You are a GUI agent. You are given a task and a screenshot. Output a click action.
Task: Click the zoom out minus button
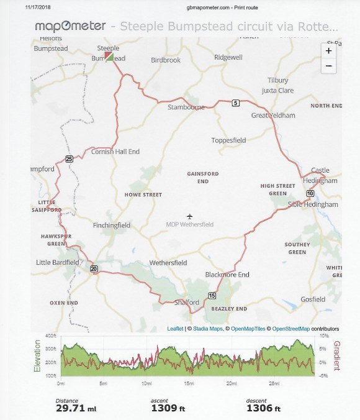[x=330, y=65]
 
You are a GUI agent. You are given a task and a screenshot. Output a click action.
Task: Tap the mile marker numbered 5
[x=236, y=103]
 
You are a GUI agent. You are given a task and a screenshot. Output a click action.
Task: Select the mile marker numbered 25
[x=69, y=158]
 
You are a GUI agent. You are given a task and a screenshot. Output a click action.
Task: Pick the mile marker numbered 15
[x=212, y=295]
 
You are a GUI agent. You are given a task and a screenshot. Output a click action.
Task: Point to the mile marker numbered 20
[x=94, y=268]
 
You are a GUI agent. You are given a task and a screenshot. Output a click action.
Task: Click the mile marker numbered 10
[x=310, y=193]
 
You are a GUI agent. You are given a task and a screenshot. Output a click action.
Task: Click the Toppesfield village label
[x=229, y=140]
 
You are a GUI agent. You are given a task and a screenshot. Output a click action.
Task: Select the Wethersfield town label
[x=168, y=263]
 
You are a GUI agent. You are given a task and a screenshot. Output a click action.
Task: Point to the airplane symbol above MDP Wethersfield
[x=190, y=216]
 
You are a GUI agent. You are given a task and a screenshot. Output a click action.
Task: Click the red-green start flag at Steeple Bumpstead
[x=109, y=57]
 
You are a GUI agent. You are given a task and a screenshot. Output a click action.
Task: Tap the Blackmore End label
[x=227, y=275]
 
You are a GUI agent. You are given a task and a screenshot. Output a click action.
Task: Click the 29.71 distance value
[x=68, y=409]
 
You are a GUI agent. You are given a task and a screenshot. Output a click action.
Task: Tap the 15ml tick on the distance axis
[x=189, y=383]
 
